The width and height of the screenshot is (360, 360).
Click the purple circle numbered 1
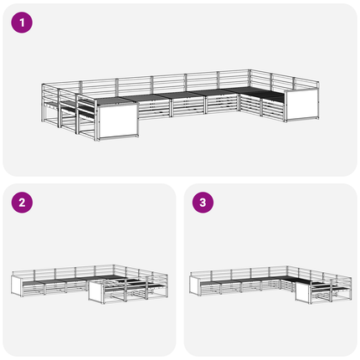tap(22, 23)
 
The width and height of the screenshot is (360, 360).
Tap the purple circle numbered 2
tap(22, 203)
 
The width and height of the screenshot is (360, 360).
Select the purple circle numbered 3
tap(203, 203)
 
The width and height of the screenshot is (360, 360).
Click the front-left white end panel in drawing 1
tap(118, 121)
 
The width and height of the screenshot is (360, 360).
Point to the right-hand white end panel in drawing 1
tap(302, 105)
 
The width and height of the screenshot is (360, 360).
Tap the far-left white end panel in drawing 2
tap(17, 285)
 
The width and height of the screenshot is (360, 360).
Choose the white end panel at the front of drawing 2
tap(96, 291)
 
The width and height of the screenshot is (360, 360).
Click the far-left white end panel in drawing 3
tap(194, 285)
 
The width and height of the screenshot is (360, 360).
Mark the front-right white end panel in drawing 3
tap(302, 293)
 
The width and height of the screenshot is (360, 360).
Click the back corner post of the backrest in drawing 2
tap(114, 270)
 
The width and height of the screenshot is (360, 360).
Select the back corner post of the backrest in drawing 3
tap(286, 270)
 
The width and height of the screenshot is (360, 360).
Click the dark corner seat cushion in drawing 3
tap(296, 280)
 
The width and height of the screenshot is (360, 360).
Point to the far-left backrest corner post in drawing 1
tap(43, 103)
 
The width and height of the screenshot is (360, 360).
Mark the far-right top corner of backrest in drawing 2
tap(167, 275)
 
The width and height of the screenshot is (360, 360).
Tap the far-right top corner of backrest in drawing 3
tap(351, 278)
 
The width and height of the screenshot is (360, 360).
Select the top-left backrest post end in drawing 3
tap(191, 272)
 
